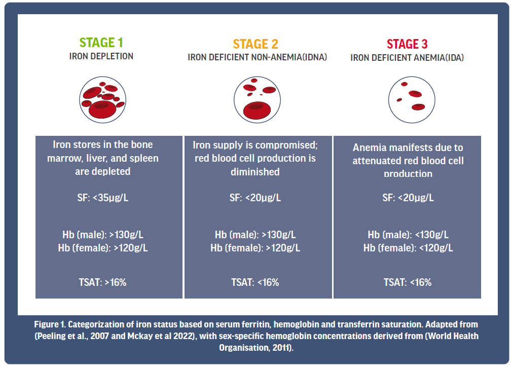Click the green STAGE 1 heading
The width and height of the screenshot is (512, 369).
click(x=101, y=43)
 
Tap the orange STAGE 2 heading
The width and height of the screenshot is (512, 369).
click(x=255, y=44)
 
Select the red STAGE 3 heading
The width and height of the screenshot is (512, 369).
click(x=407, y=44)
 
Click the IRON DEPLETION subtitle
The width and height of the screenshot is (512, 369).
click(x=101, y=56)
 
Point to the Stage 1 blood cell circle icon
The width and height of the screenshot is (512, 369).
click(x=102, y=99)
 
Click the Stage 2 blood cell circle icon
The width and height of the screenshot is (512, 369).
click(x=257, y=99)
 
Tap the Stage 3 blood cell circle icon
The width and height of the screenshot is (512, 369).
click(x=412, y=99)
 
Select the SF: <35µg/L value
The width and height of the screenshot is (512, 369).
click(x=103, y=198)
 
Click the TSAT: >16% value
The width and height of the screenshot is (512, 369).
click(x=102, y=282)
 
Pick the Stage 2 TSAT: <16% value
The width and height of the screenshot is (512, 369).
click(x=255, y=282)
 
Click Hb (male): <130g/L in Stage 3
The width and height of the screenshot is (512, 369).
click(x=408, y=235)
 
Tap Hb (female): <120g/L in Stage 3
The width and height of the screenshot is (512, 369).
click(x=408, y=248)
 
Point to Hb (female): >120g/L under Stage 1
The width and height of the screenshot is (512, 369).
click(x=103, y=248)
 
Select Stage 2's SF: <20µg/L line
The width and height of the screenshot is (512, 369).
click(x=255, y=198)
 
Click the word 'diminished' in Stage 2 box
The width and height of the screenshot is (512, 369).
click(x=255, y=172)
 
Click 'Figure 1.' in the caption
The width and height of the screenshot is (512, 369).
click(x=50, y=324)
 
